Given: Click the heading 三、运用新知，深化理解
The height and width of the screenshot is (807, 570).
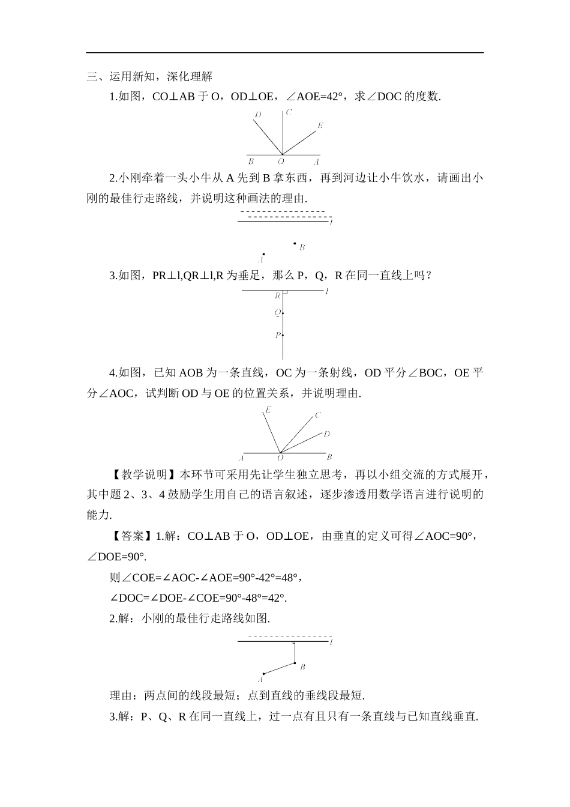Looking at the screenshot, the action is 149,76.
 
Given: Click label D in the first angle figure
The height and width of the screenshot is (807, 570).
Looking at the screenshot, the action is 257,114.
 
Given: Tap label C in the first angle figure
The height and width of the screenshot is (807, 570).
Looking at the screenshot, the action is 289,112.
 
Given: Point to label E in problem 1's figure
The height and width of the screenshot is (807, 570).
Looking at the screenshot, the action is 320,125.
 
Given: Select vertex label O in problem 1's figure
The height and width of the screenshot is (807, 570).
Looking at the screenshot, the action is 280,162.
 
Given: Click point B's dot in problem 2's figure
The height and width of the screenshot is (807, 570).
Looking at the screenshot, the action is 295,243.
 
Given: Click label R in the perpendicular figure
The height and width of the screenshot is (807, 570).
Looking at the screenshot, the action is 278,296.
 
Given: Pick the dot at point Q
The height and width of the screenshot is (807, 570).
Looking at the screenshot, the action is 283,313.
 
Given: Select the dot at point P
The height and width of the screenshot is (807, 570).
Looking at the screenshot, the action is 283,335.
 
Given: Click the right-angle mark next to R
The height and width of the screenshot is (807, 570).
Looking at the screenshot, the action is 285,292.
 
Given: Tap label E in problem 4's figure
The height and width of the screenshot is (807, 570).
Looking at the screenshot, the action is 268,410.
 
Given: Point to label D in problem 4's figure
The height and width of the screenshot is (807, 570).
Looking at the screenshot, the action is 326,434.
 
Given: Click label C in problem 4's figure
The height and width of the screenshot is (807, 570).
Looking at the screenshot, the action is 318,415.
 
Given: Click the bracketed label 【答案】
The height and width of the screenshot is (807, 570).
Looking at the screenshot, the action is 132,536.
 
